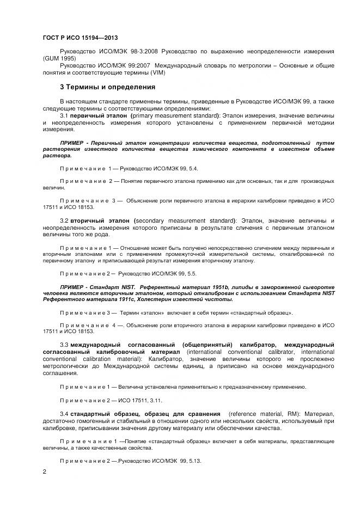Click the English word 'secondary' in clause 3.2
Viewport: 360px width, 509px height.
coord(152,220)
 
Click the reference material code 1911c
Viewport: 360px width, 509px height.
coord(105,299)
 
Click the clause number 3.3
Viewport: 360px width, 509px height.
coord(63,345)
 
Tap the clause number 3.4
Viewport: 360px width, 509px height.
coord(63,414)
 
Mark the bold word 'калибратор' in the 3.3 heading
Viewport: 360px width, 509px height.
coord(258,345)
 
